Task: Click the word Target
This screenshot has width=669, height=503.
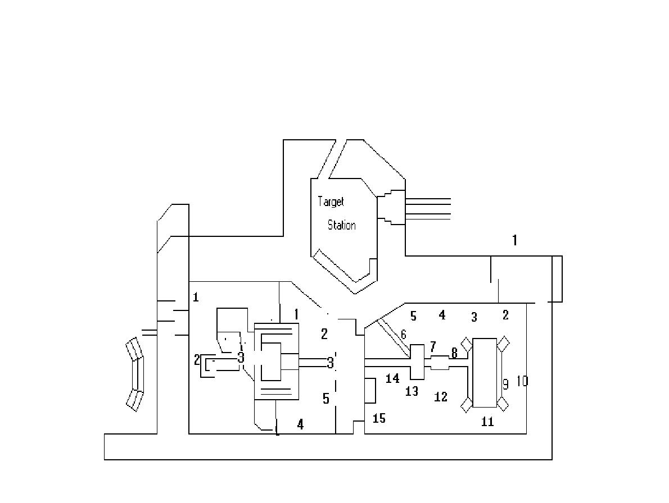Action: pos(331,202)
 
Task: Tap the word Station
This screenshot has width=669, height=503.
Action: pos(341,225)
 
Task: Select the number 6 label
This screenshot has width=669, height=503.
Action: pos(404,335)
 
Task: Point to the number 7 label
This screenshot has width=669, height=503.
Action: pos(432,346)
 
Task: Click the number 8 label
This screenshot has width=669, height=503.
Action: pos(454,353)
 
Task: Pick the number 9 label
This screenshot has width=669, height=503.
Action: pos(505,385)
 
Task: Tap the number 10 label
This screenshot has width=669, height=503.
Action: pos(522,381)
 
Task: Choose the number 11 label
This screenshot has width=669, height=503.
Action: pos(487,422)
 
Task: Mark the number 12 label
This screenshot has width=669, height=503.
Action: pos(441,397)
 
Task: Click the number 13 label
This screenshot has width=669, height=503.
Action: pos(412,391)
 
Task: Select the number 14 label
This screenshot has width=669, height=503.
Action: pos(392,379)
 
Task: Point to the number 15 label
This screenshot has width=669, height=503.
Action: pos(379,418)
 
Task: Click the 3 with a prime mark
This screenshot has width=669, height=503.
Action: pos(331,363)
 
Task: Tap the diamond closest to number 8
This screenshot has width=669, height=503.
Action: pos(466,342)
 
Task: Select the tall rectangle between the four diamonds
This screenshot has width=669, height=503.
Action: pos(485,373)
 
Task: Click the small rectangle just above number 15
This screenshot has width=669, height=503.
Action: pos(370,391)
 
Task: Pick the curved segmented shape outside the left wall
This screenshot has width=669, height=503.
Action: pos(135,374)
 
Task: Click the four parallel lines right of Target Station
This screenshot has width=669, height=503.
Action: pos(428,208)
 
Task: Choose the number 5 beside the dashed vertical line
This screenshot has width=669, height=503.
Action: pos(326,399)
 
